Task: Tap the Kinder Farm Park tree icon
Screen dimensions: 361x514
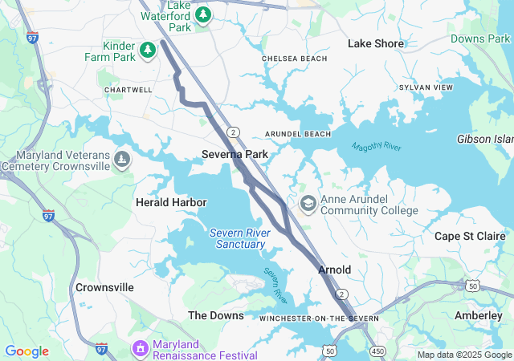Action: coord(148,51)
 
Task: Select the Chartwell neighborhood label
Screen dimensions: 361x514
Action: coord(128,90)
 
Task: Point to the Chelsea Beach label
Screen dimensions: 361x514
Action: coord(295,59)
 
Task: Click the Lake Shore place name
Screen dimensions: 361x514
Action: coord(376,43)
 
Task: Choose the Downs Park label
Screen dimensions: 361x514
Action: coord(479,39)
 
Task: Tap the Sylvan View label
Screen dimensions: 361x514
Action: coord(426,87)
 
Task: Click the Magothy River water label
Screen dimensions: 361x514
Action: coord(376,147)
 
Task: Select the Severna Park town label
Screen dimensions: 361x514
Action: coord(235,153)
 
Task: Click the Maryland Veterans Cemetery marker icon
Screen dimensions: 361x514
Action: coord(121,159)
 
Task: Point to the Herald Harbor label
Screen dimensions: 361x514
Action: coord(171,202)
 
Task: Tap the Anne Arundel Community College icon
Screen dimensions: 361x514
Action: coord(308,204)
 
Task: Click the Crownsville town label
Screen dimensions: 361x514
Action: coord(104,287)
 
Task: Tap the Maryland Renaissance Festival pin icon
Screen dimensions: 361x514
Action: coord(141,348)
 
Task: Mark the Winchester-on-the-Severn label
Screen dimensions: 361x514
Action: coord(319,318)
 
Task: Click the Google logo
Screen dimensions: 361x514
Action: coord(27,351)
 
